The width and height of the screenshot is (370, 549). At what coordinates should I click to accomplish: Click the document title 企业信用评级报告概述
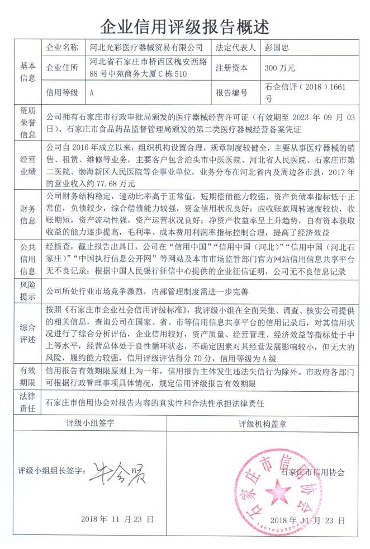184,26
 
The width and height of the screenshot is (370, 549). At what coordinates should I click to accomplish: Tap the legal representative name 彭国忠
278,48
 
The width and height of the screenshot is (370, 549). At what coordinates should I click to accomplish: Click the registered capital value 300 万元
280,68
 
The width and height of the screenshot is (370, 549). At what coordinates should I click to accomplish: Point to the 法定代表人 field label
235,48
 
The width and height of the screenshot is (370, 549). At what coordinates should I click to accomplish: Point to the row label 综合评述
28,333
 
